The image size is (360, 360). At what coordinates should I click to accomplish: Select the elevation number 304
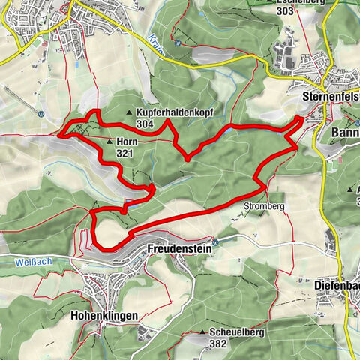145,124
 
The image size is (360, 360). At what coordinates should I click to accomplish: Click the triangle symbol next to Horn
109,141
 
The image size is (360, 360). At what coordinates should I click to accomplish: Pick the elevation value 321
125,152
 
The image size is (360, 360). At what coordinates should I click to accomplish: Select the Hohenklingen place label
106,316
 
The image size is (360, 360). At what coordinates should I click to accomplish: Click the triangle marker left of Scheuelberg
202,331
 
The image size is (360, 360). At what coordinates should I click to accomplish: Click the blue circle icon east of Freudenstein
217,241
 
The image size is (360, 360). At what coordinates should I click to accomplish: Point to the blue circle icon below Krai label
176,43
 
